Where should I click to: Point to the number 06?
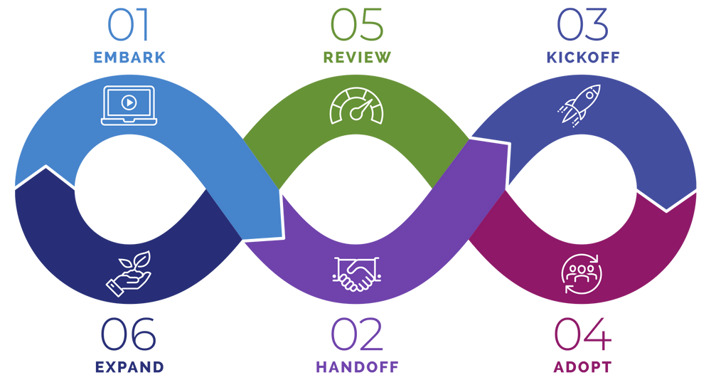pyautogui.click(x=129, y=334)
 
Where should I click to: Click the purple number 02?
pyautogui.click(x=356, y=334)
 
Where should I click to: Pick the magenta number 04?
pyautogui.click(x=582, y=334)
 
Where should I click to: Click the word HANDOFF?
pyautogui.click(x=356, y=367)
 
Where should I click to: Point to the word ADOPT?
pyautogui.click(x=582, y=367)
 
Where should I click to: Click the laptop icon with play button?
pyautogui.click(x=129, y=105)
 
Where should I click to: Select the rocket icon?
pyautogui.click(x=580, y=105)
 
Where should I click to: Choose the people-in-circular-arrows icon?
pyautogui.click(x=581, y=274)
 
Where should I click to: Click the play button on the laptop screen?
pyautogui.click(x=129, y=102)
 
